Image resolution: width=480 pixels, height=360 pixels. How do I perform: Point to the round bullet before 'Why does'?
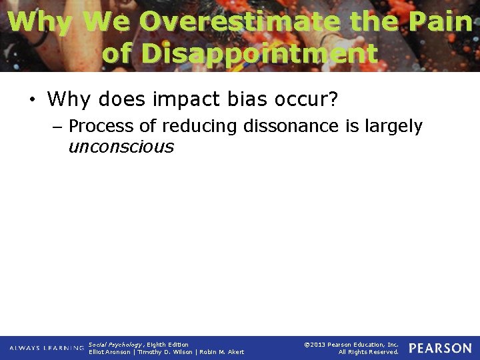[x=31, y=101]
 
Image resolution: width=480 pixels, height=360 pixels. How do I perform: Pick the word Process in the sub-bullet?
[x=101, y=126]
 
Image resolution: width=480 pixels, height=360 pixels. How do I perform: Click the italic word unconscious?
[x=121, y=147]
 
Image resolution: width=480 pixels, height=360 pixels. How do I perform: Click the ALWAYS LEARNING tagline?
[x=47, y=348]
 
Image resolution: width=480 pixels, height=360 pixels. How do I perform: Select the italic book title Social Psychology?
[x=115, y=345]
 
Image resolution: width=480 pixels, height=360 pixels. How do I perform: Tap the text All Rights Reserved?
[x=368, y=352]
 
